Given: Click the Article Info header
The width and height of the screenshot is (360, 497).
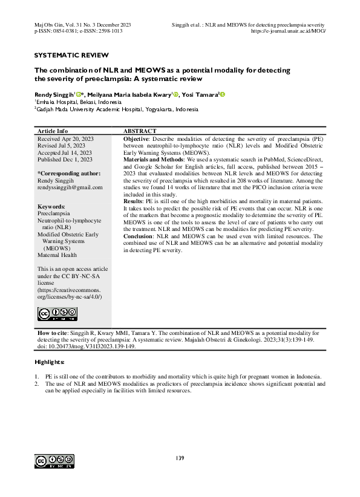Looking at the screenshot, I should point(53,131).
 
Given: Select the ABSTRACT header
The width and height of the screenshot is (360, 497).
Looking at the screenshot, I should point(140,131).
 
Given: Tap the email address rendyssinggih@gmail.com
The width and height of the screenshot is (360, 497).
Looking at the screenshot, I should point(70,187).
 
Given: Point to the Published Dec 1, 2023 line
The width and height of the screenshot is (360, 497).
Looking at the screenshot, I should point(65,159).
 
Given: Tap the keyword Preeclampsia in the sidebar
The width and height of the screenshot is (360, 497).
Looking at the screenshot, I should point(54,214).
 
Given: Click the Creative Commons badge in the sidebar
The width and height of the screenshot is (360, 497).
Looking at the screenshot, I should point(57,313).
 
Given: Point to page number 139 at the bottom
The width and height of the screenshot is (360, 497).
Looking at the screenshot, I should point(180,458).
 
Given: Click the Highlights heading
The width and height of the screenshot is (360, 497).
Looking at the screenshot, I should point(49,362).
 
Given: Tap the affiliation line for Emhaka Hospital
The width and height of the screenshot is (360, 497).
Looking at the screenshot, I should point(70,102).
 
